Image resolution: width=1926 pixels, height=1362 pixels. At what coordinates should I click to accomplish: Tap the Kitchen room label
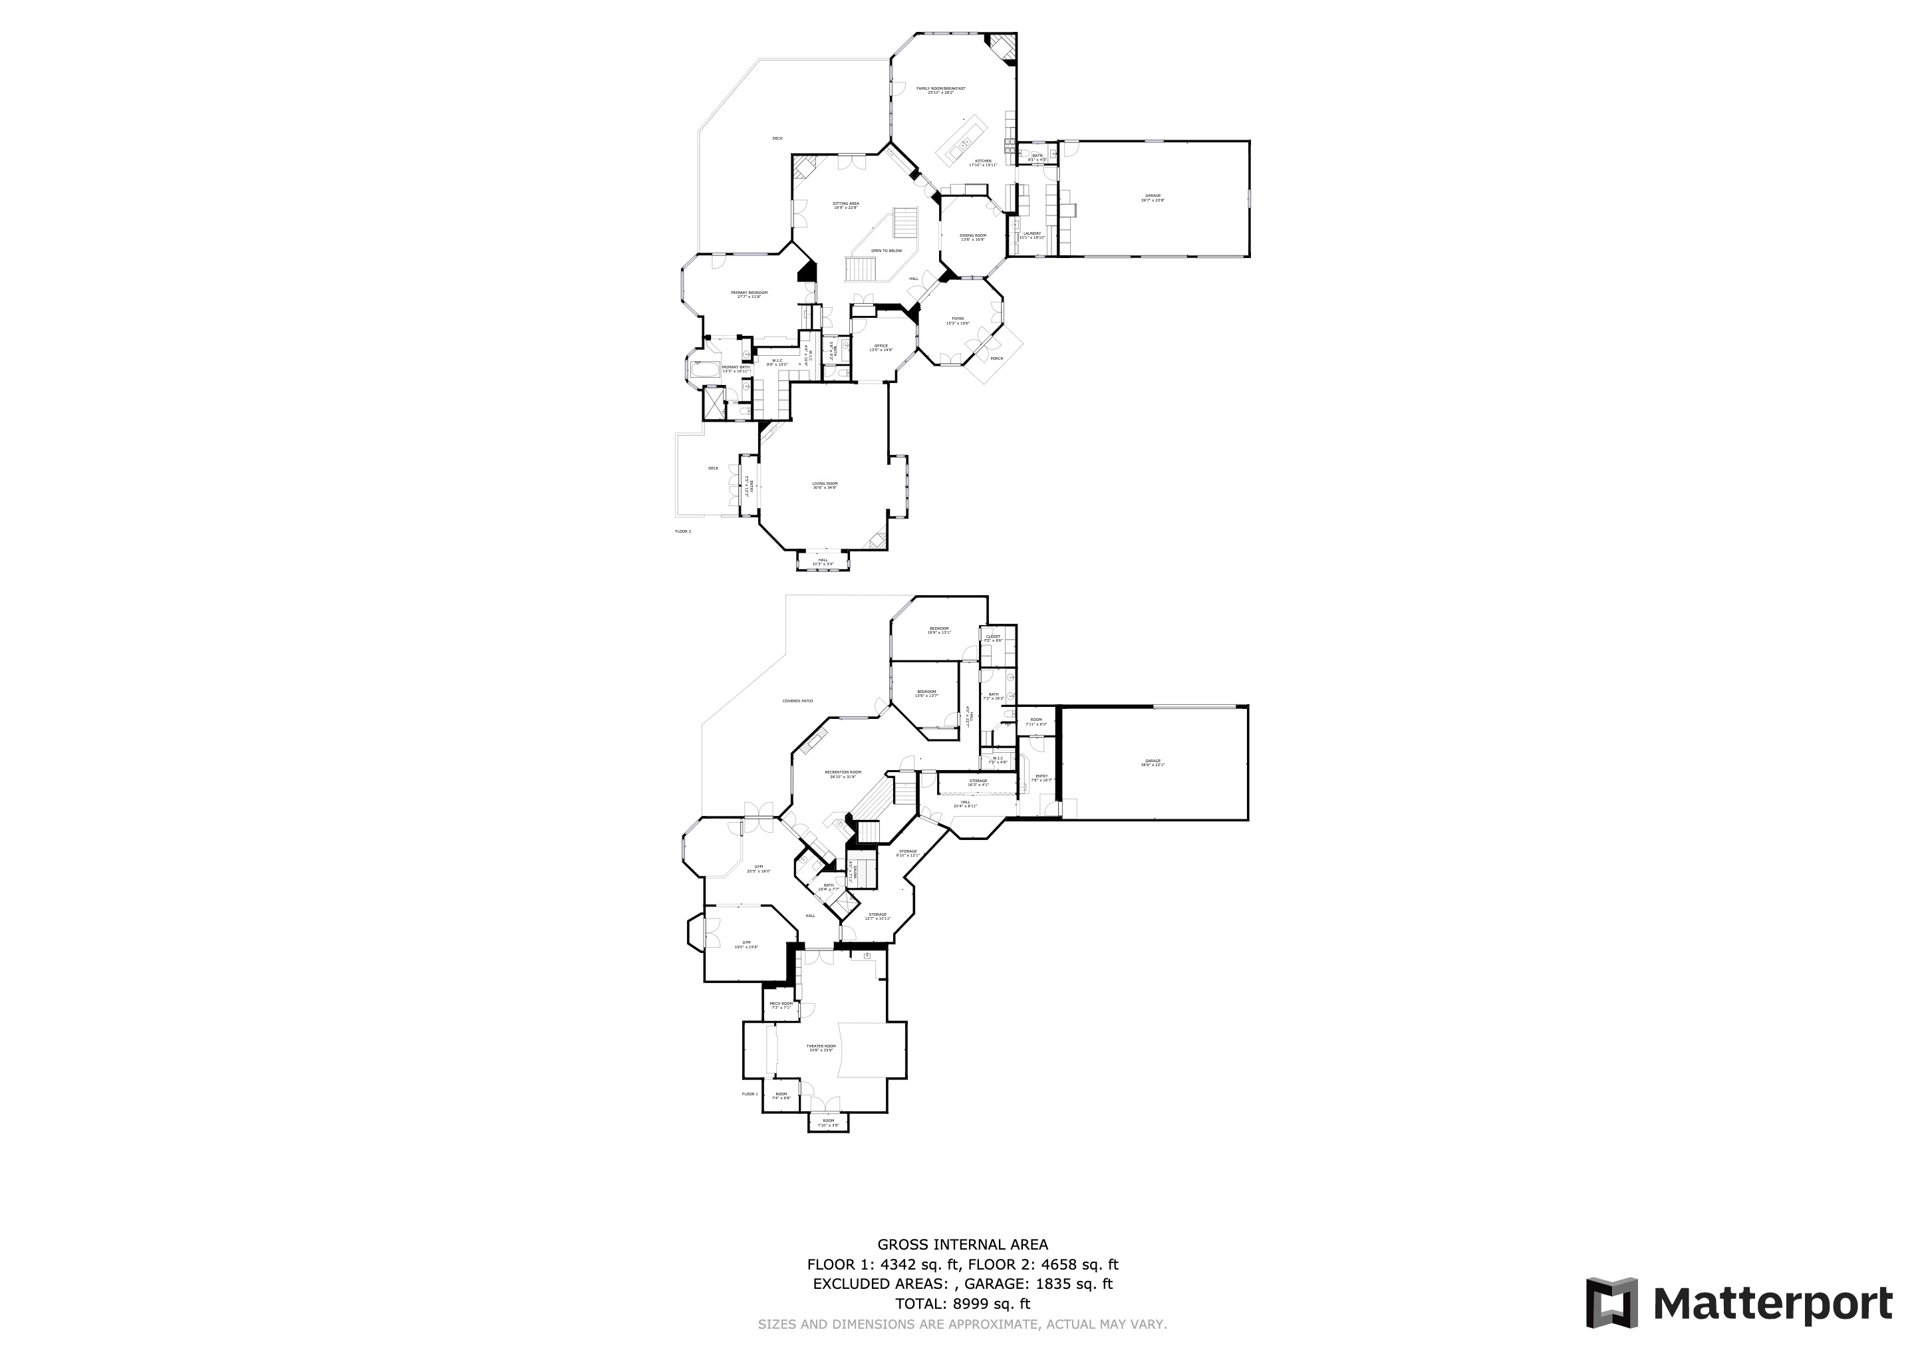click(983, 161)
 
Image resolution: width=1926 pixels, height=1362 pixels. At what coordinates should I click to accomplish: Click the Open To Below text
click(886, 251)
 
